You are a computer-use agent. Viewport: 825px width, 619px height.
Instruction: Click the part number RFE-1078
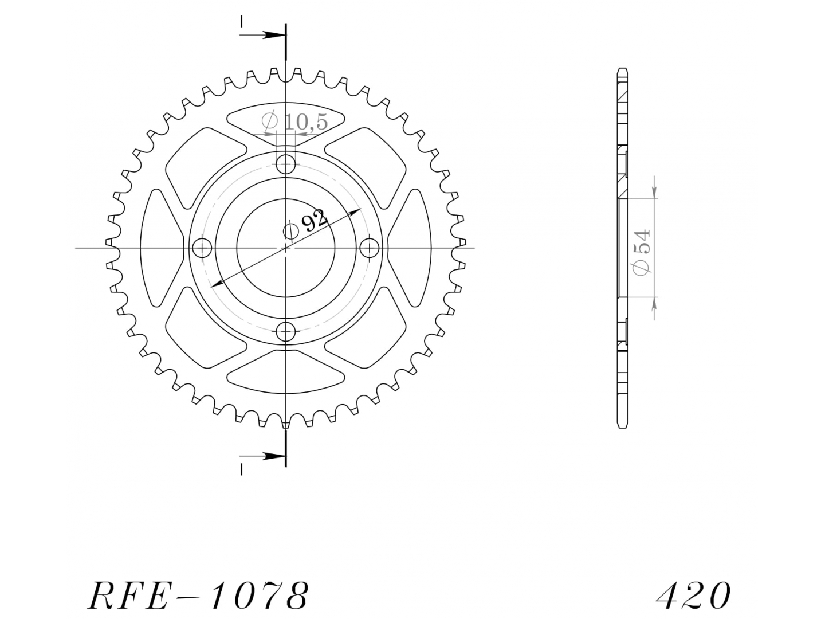coord(198,596)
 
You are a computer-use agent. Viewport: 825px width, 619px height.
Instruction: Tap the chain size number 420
coord(693,596)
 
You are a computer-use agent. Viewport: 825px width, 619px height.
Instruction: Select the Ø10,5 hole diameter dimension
coord(294,122)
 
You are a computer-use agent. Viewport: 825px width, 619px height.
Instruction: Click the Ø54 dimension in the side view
coord(641,252)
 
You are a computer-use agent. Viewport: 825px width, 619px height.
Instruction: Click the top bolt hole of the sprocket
coord(286,164)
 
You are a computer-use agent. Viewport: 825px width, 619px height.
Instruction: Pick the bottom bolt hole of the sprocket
coord(286,332)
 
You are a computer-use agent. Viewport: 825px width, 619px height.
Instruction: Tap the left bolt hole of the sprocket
coord(202,248)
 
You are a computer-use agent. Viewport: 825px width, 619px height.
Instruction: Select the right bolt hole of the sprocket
coord(370,248)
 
